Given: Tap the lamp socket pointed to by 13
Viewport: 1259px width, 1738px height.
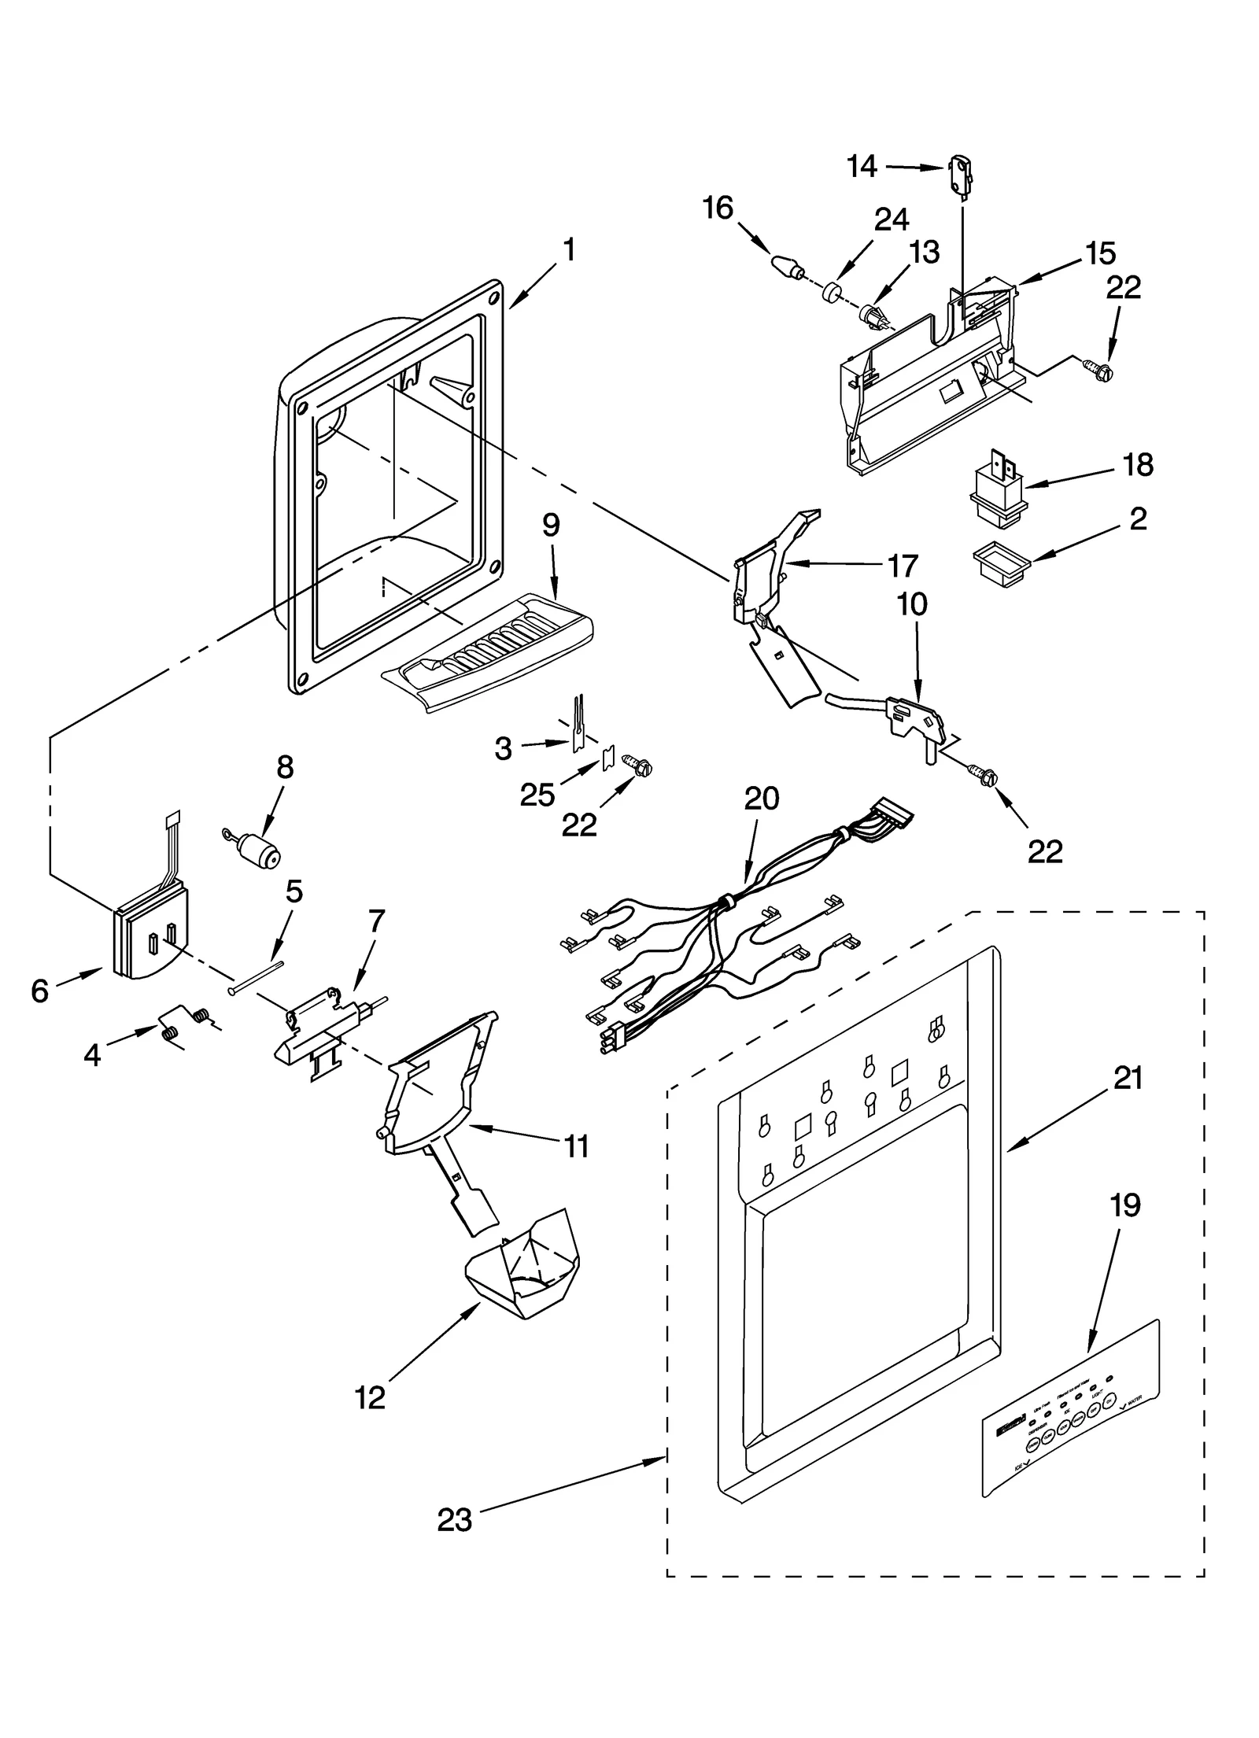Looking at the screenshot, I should pyautogui.click(x=875, y=317).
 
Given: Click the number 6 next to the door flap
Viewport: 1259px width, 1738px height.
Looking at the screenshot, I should pyautogui.click(x=40, y=991).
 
